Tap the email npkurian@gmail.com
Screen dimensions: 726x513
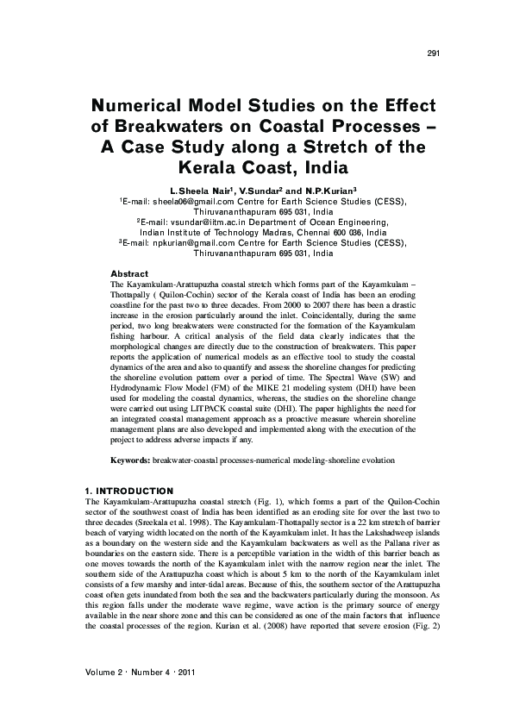coord(189,244)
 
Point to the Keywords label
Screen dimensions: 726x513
coord(131,461)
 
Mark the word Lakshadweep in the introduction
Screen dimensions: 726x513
coord(397,533)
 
